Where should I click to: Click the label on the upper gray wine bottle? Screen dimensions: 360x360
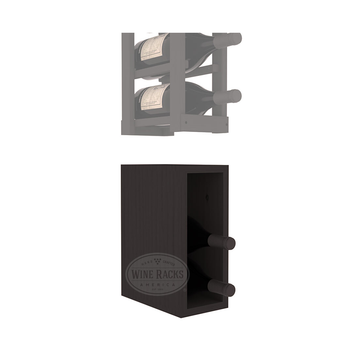coord(153,46)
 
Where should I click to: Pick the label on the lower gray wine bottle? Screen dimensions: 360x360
coord(153,97)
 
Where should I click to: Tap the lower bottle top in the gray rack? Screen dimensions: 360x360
coord(232,96)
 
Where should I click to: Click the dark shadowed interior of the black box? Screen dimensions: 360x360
coord(205,215)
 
